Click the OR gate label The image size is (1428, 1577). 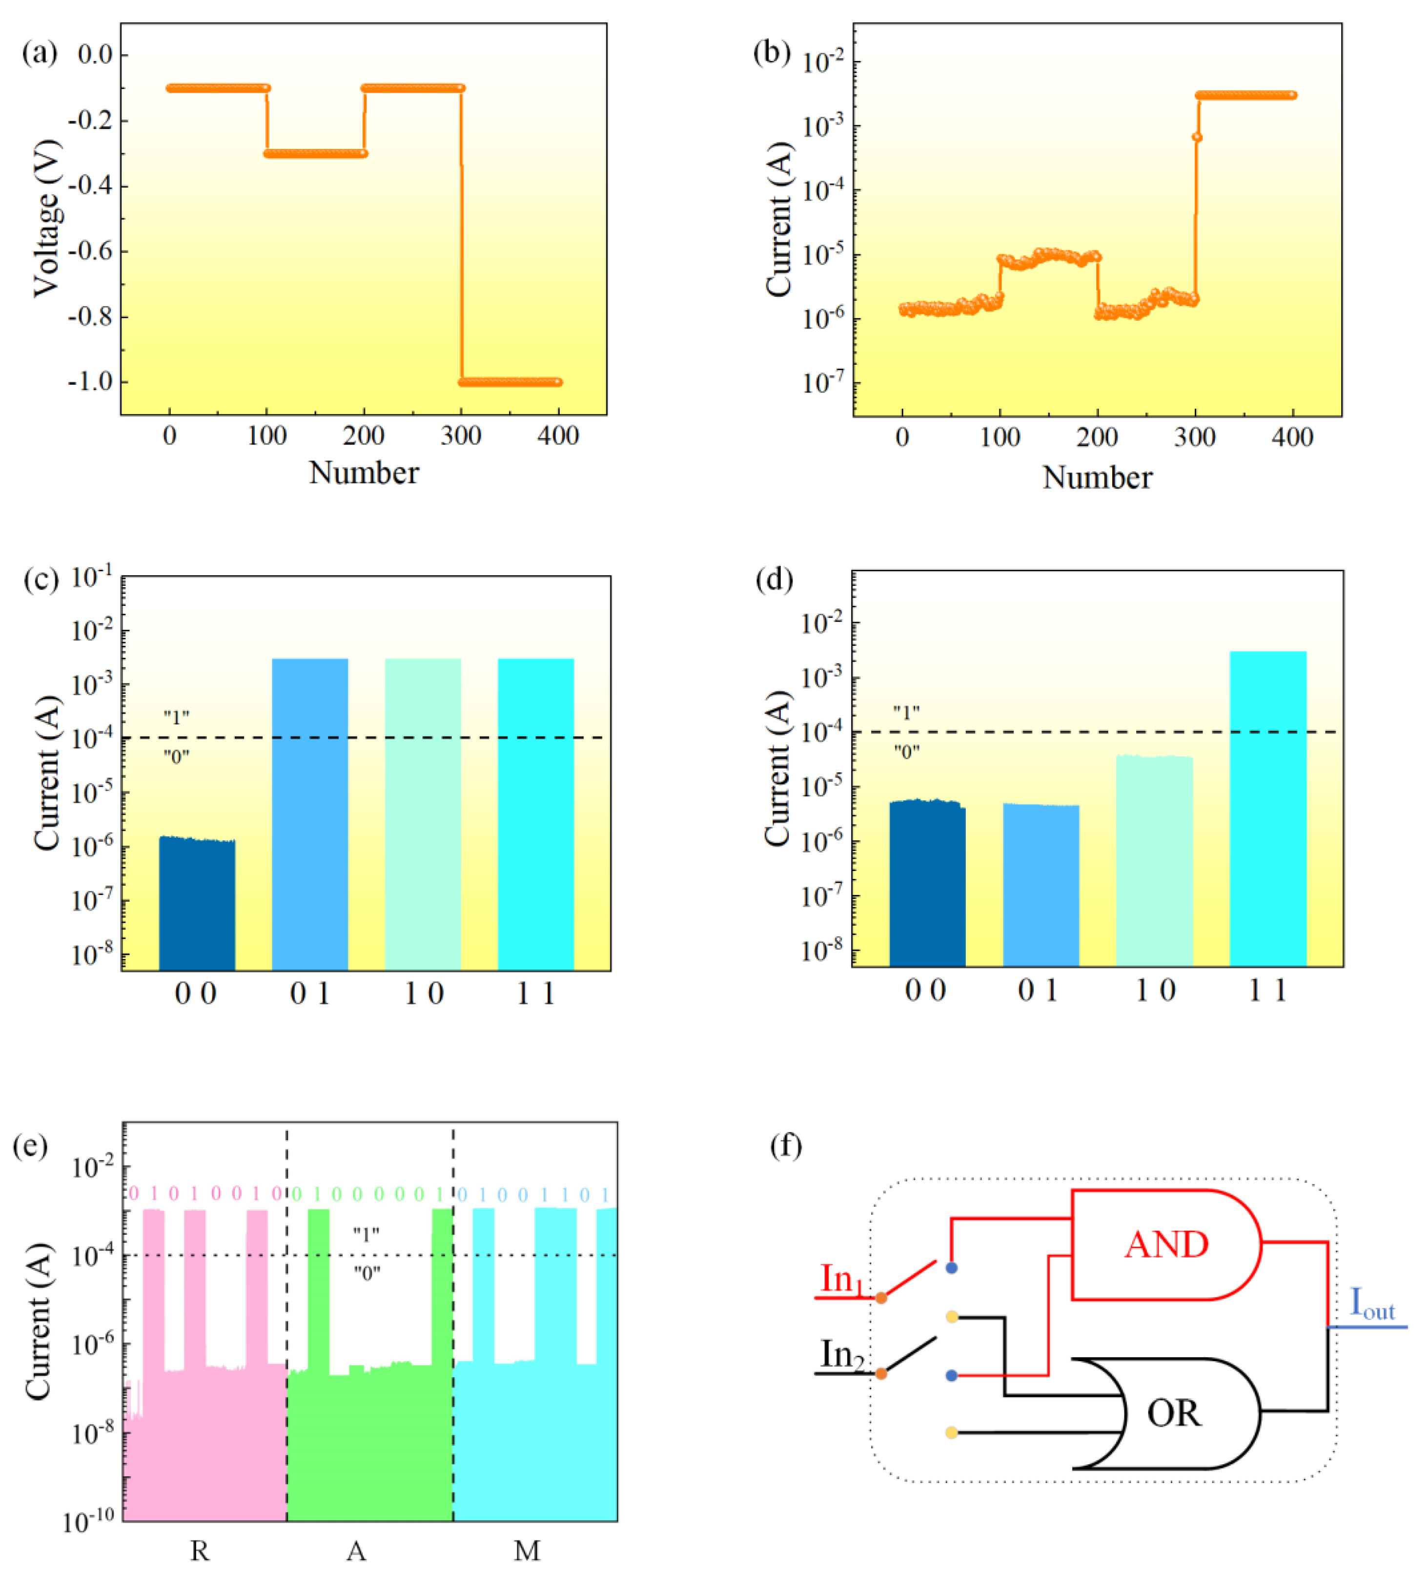[1174, 1413]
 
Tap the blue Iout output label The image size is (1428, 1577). [1372, 1304]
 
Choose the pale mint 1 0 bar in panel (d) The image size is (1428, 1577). [1154, 860]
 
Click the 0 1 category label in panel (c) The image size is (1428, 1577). [310, 994]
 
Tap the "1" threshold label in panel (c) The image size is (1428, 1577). [177, 717]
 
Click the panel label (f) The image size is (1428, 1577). [786, 1146]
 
